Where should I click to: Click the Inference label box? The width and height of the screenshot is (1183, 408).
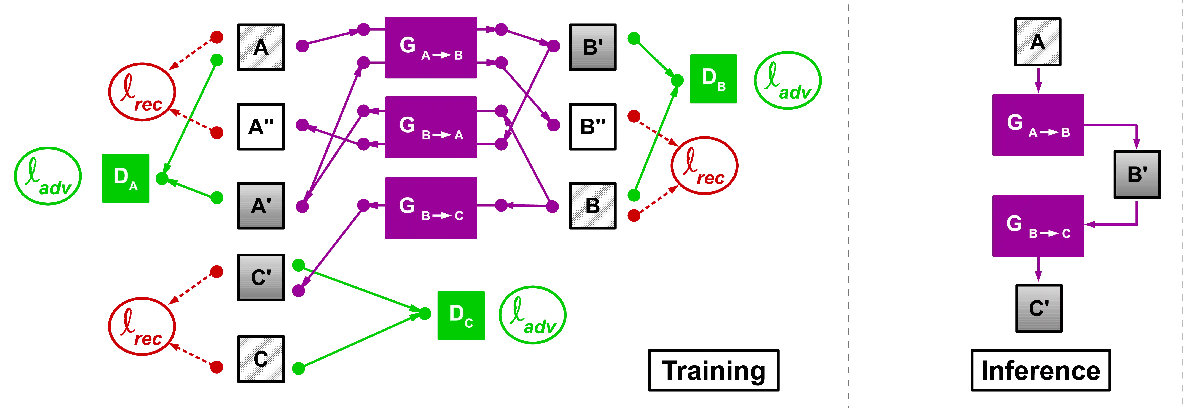(1040, 370)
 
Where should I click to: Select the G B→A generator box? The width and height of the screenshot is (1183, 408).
(431, 127)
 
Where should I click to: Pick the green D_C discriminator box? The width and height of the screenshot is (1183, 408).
(461, 315)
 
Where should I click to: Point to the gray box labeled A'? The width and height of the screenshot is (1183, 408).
(261, 206)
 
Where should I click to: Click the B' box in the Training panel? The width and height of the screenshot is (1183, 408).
(592, 47)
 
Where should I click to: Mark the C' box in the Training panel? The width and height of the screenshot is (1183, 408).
(261, 277)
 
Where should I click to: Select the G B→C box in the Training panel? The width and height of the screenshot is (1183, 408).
(431, 208)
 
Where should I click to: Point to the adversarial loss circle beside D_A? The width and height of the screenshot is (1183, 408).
(48, 176)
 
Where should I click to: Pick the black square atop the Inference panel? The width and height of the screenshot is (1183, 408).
(1038, 42)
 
